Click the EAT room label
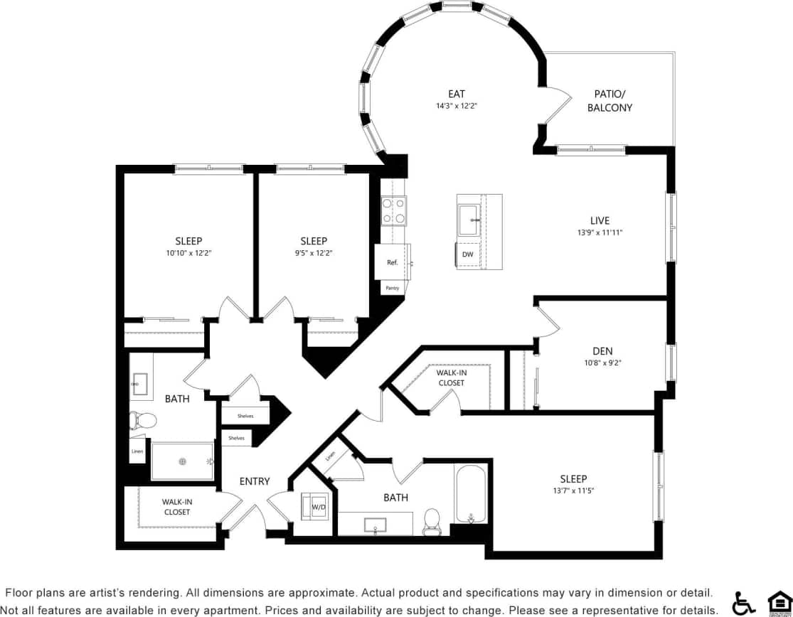point(457,94)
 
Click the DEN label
point(602,351)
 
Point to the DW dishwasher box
point(467,254)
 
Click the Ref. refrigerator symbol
point(392,262)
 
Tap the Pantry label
point(392,288)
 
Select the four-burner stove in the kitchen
point(394,211)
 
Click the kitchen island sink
point(469,220)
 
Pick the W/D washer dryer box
point(318,508)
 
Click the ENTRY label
point(255,481)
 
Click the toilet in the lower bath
point(431,520)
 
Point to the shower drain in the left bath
point(183,461)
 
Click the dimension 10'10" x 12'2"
point(189,252)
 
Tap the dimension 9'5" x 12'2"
point(314,252)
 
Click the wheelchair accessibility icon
point(743,603)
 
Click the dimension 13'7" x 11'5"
point(573,490)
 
